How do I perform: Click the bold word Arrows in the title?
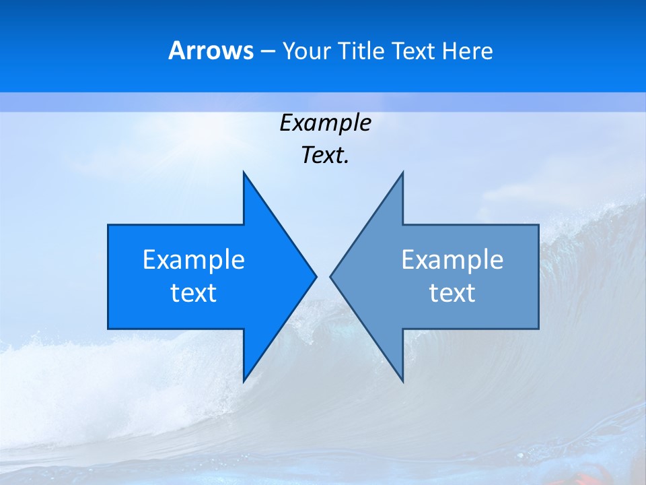pos(211,51)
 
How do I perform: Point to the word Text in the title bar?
pos(414,51)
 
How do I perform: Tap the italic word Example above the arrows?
pos(325,123)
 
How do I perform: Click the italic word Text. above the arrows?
pos(325,155)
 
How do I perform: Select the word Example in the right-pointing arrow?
pos(194,260)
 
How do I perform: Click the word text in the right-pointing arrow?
pos(194,292)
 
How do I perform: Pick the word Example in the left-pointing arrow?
pos(452,260)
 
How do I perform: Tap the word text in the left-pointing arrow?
pos(452,292)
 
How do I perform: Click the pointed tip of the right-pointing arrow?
pos(316,276)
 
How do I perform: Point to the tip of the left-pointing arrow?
pos(330,276)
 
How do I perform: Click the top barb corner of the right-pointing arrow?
pos(244,172)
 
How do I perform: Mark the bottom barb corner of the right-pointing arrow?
pos(244,381)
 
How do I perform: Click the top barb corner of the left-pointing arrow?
pos(402,172)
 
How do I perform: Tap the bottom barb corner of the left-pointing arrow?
pos(402,381)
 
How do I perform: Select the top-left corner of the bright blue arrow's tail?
pos(108,225)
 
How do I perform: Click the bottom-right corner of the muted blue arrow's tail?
pos(538,329)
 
